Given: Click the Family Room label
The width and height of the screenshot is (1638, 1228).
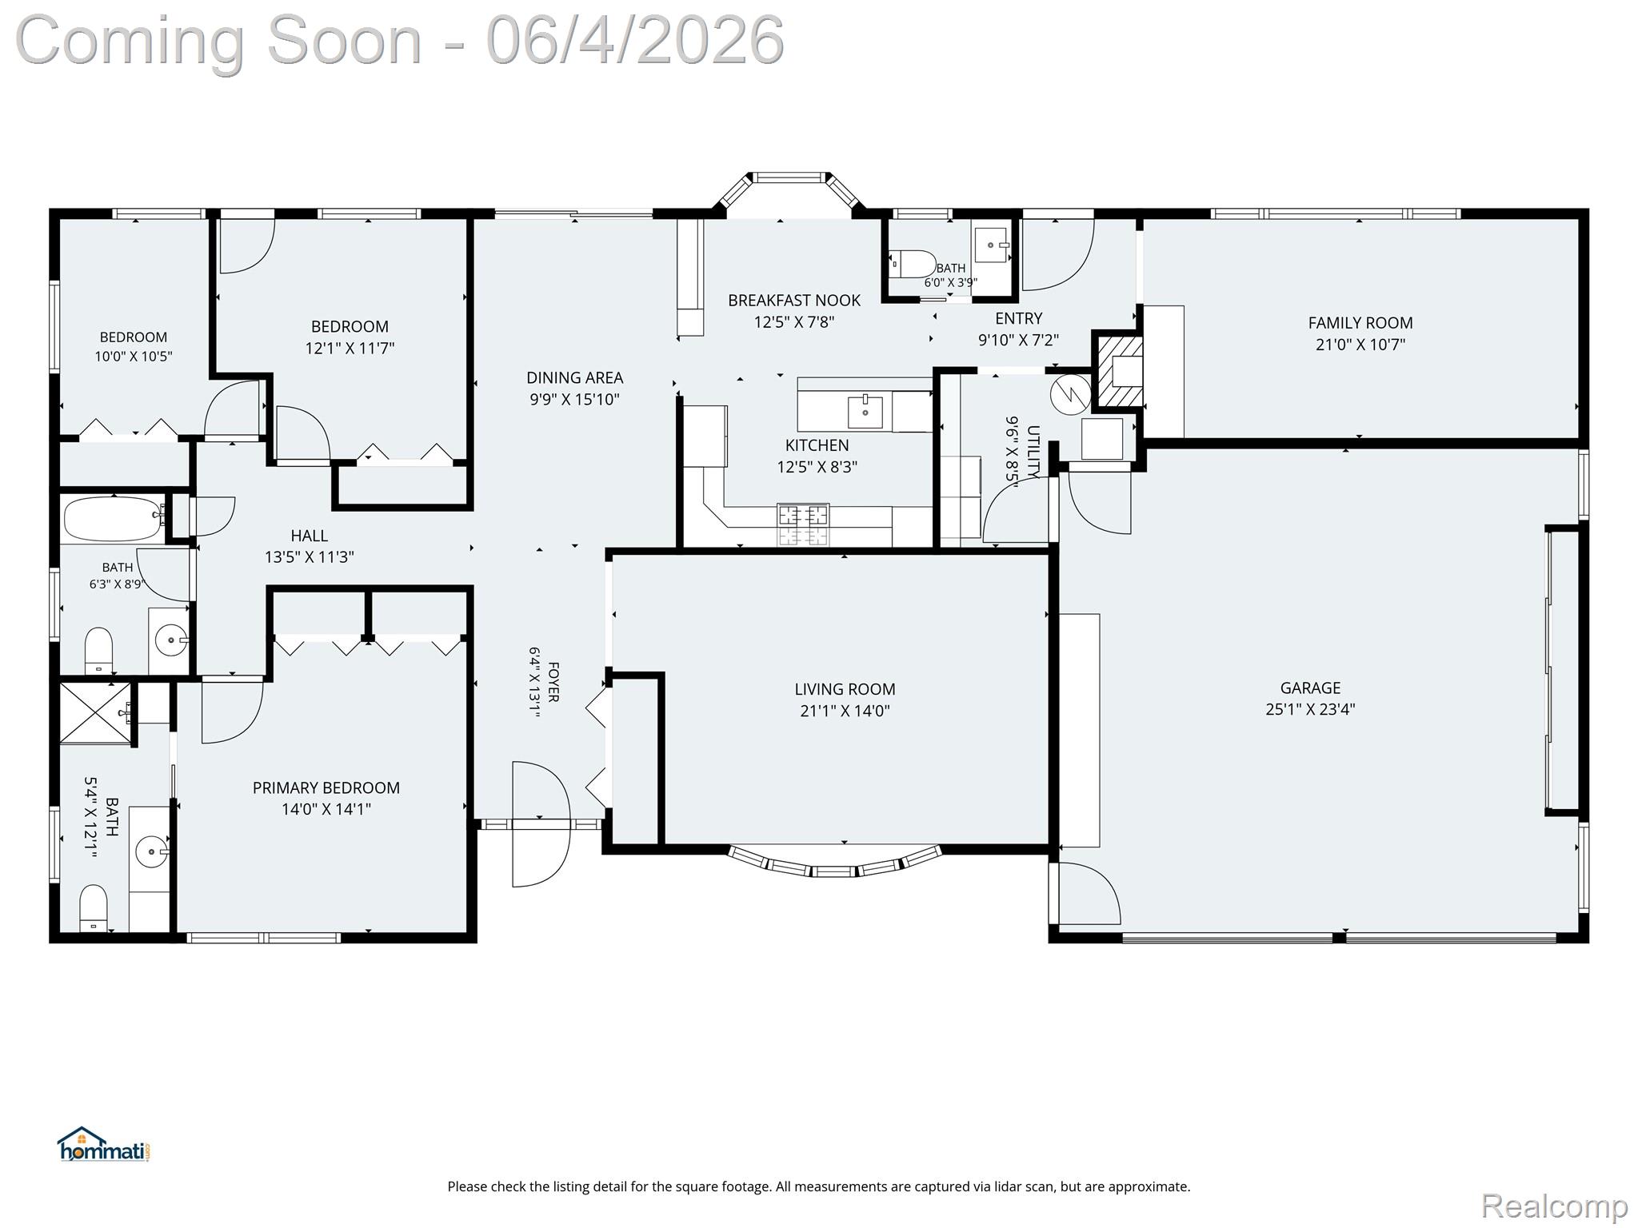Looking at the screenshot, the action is pyautogui.click(x=1360, y=323).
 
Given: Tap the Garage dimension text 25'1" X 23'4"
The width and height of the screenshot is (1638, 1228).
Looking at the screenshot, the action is pyautogui.click(x=1310, y=709).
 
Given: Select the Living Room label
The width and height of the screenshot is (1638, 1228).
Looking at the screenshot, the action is pyautogui.click(x=845, y=689).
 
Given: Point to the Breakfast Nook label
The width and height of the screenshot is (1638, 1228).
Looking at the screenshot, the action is pyautogui.click(x=794, y=301).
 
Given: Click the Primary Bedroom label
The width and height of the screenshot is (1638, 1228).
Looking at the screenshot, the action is pyautogui.click(x=326, y=787).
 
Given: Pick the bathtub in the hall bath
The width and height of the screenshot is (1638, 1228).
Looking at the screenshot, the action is pyautogui.click(x=114, y=518).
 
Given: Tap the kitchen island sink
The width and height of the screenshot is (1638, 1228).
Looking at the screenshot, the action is pyautogui.click(x=865, y=412).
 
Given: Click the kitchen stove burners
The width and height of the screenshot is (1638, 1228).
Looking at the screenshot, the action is pyautogui.click(x=804, y=524).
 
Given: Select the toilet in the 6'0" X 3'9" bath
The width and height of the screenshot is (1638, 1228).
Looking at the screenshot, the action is pyautogui.click(x=913, y=264).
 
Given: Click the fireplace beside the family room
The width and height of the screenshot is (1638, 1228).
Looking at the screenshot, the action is pyautogui.click(x=1119, y=372).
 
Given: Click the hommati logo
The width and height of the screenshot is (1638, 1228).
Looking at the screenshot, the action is pyautogui.click(x=103, y=1145).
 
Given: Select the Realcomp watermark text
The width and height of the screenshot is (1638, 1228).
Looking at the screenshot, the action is pyautogui.click(x=1555, y=1206).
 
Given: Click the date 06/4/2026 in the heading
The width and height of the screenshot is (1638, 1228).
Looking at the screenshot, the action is pyautogui.click(x=635, y=40).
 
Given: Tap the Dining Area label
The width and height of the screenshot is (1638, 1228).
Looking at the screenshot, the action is pyautogui.click(x=574, y=377).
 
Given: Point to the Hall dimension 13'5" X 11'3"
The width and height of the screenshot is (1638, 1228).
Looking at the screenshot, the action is pyautogui.click(x=310, y=557).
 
